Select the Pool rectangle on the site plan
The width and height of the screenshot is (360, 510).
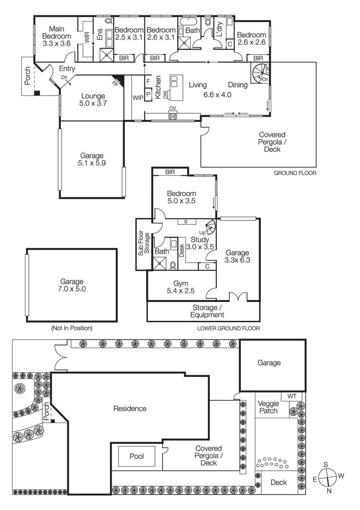pyautogui.click(x=136, y=456)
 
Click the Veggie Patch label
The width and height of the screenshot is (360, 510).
pyautogui.click(x=268, y=407)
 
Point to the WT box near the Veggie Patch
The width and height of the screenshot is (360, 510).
pyautogui.click(x=292, y=397)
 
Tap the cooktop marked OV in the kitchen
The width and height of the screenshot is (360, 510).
pyautogui.click(x=172, y=115)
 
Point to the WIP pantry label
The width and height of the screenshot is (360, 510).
pyautogui.click(x=138, y=98)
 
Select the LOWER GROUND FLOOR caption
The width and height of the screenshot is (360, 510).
pyautogui.click(x=228, y=329)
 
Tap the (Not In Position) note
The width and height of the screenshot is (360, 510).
pyautogui.click(x=71, y=328)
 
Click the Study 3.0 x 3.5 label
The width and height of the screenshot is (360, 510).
pyautogui.click(x=200, y=243)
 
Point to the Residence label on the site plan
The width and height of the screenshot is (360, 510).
pyautogui.click(x=130, y=409)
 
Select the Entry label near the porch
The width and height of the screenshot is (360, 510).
pyautogui.click(x=67, y=69)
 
